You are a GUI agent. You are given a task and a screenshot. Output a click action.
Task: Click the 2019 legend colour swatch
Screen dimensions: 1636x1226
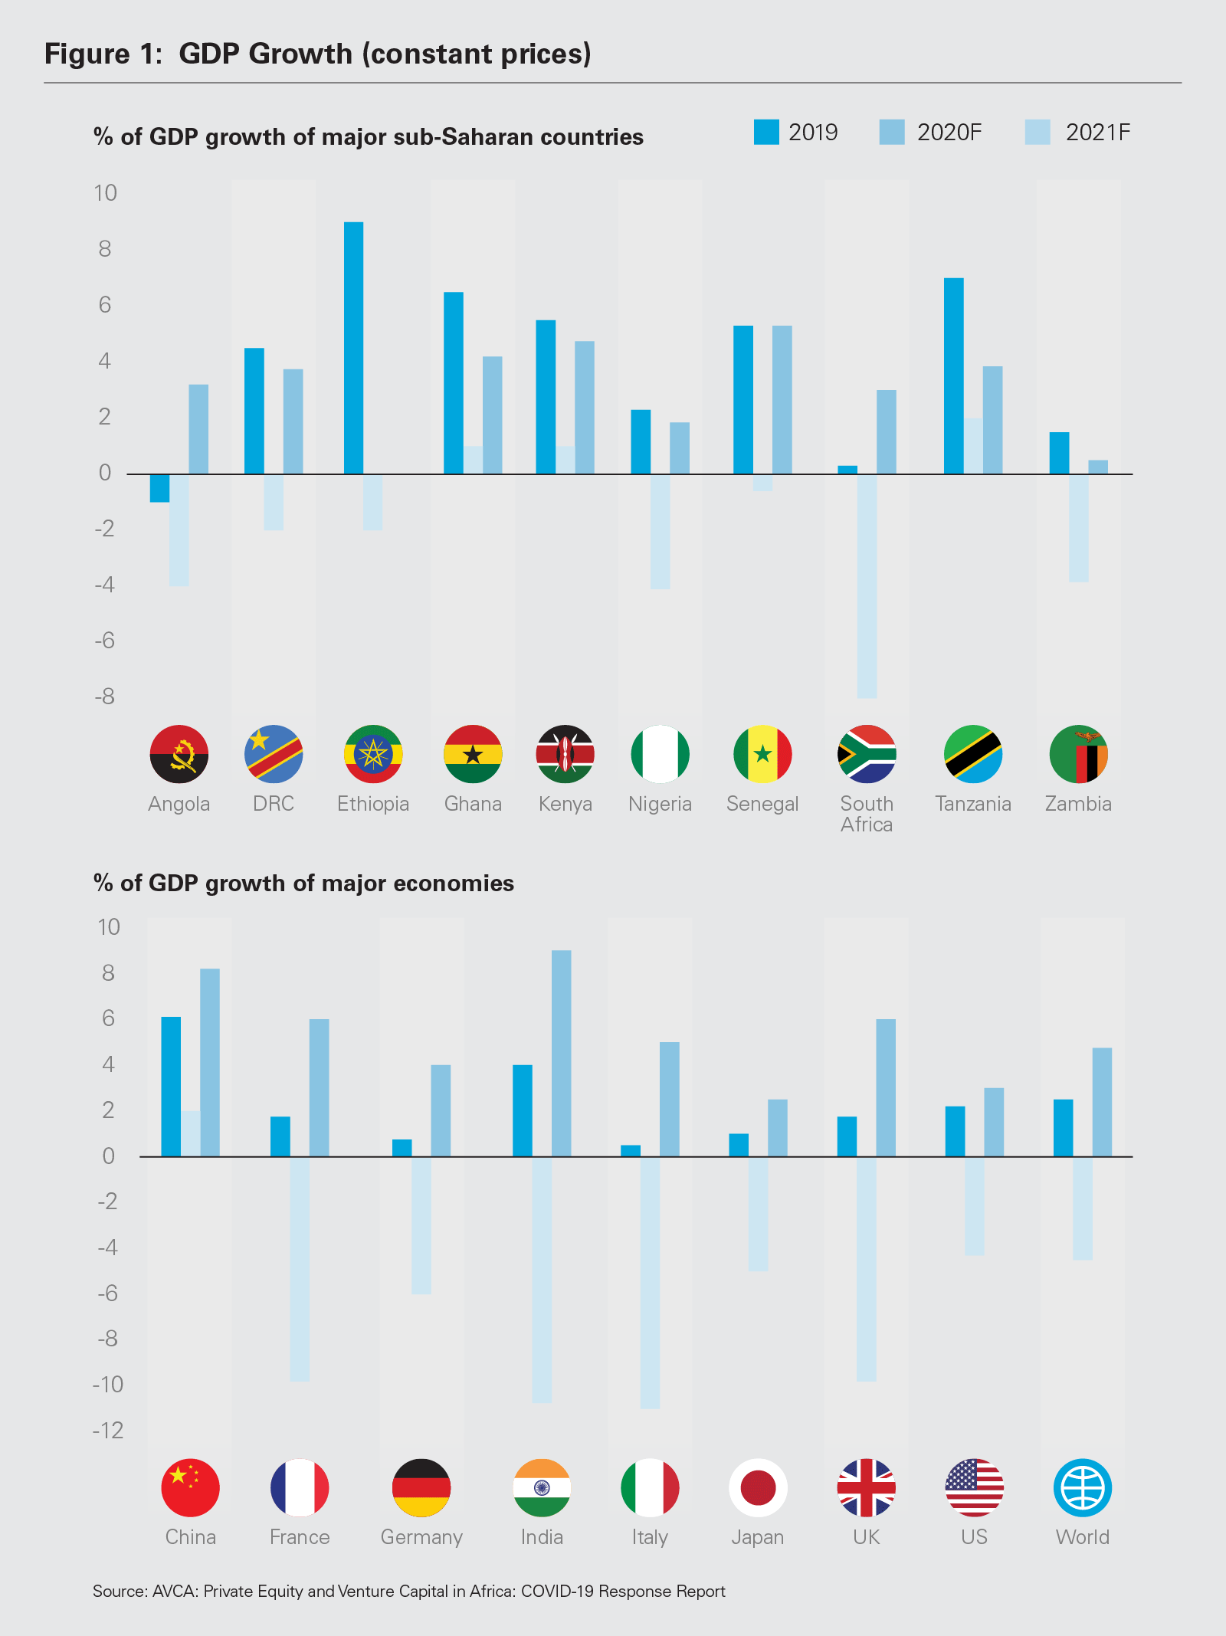coord(766,132)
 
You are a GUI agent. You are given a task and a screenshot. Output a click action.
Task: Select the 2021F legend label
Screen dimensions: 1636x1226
coord(1097,133)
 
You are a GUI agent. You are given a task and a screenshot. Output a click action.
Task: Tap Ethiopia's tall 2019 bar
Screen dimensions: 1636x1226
coord(353,347)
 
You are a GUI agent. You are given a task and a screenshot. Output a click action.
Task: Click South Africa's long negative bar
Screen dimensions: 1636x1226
coord(867,585)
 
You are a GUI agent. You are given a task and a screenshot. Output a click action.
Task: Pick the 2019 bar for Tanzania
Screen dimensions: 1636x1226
coord(953,375)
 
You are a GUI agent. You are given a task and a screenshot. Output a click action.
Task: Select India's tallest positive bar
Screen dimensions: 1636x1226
coord(561,1053)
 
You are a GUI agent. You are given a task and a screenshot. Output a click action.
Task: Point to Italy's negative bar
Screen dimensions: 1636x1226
coord(650,1282)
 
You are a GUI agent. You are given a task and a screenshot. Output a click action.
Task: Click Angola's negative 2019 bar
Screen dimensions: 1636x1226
coord(159,488)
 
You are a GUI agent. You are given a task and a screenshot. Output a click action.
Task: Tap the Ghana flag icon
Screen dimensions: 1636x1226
coord(473,754)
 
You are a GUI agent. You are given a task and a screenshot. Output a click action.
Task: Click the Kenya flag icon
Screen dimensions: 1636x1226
coord(565,754)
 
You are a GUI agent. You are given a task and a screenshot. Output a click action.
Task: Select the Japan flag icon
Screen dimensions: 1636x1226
coord(758,1487)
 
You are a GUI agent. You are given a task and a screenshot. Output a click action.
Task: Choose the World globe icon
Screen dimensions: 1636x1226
coord(1082,1487)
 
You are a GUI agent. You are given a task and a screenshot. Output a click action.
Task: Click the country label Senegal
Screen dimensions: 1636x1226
coord(762,804)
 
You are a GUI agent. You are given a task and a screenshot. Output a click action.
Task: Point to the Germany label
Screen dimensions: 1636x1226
coord(421,1537)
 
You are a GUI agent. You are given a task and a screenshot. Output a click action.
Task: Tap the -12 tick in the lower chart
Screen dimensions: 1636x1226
coord(108,1430)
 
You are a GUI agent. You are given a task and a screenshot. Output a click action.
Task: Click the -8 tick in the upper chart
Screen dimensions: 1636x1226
coord(105,697)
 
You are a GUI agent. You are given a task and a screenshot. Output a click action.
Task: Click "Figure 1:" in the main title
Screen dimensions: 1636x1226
coord(103,54)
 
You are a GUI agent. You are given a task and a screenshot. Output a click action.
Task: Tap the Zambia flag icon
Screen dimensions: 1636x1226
coord(1078,754)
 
